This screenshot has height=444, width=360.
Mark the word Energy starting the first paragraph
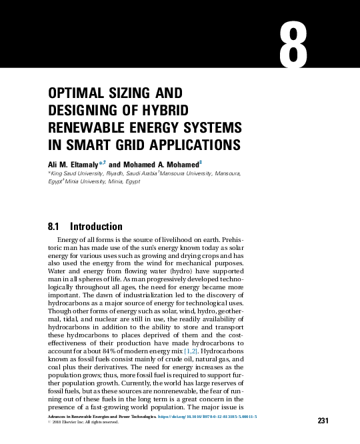[70, 239]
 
